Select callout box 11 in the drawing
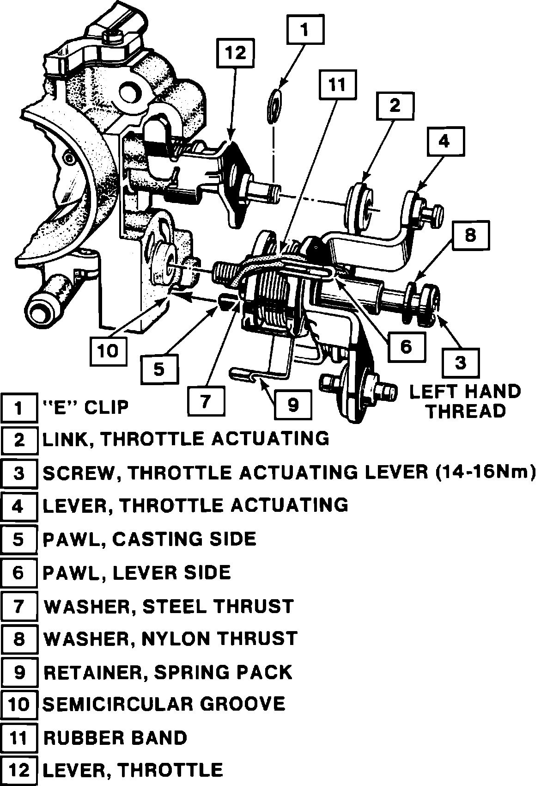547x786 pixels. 337,85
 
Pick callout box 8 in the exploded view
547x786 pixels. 470,236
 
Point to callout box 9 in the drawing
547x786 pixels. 293,405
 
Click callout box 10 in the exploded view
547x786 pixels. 109,351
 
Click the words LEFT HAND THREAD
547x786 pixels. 465,401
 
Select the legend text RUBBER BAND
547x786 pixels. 115,737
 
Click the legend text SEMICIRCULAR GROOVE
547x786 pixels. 164,704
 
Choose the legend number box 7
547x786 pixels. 18,606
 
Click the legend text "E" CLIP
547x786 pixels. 85,407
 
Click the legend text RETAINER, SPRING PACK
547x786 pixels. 168,672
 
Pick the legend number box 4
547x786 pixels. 18,506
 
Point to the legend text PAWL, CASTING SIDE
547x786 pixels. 149,539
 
